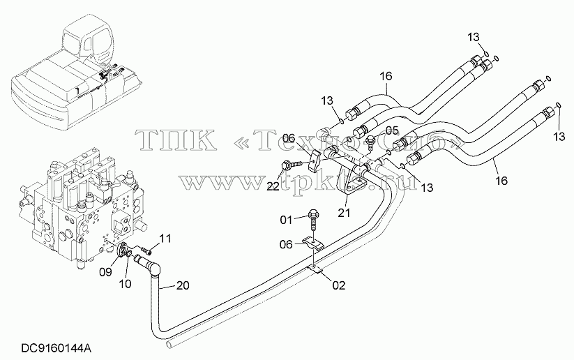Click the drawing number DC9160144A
point(56,349)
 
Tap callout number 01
point(286,220)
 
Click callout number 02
point(340,285)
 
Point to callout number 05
point(392,130)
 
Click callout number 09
point(107,271)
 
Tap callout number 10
point(126,283)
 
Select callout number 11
point(165,239)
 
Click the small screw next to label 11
point(146,251)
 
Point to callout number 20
point(183,285)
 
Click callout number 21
point(344,212)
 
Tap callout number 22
point(273,186)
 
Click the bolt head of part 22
point(285,166)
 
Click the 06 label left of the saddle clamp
point(286,244)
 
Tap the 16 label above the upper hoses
point(386,76)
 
